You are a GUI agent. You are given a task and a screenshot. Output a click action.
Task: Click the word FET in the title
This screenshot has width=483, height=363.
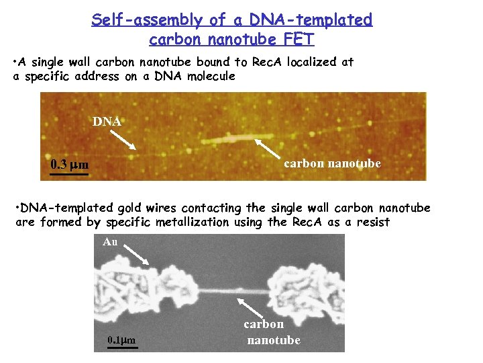(300, 40)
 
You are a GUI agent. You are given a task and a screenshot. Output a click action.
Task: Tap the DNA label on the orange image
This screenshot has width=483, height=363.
(107, 122)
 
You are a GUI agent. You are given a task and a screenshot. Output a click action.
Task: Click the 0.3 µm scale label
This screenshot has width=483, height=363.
(70, 165)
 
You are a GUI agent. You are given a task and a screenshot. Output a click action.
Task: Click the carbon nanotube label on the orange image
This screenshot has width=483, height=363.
(332, 163)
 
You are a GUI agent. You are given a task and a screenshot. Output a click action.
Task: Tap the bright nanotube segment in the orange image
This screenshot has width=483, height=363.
(231, 140)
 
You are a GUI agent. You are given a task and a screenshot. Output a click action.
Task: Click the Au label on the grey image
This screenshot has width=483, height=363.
(110, 242)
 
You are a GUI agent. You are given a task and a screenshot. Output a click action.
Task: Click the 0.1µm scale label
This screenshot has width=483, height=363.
(121, 340)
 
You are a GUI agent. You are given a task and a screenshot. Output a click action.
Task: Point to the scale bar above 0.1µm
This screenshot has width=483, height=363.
(121, 331)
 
